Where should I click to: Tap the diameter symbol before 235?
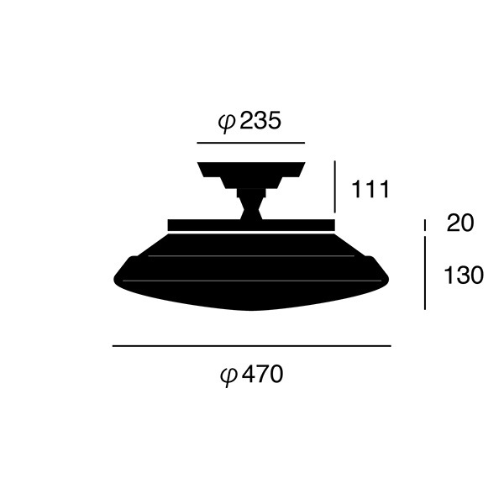click(x=227, y=123)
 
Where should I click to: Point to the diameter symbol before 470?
click(x=228, y=375)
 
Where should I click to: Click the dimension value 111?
click(x=370, y=190)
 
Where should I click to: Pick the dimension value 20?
click(x=460, y=223)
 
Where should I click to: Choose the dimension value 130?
click(x=464, y=275)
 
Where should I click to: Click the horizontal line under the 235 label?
click(x=249, y=143)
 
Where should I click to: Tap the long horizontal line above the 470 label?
click(x=251, y=345)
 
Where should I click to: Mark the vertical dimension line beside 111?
click(x=334, y=186)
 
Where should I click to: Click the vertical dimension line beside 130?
click(x=426, y=273)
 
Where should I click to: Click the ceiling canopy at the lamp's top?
click(x=250, y=171)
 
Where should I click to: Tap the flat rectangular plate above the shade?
click(x=250, y=224)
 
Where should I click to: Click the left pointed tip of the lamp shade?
click(x=115, y=276)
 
